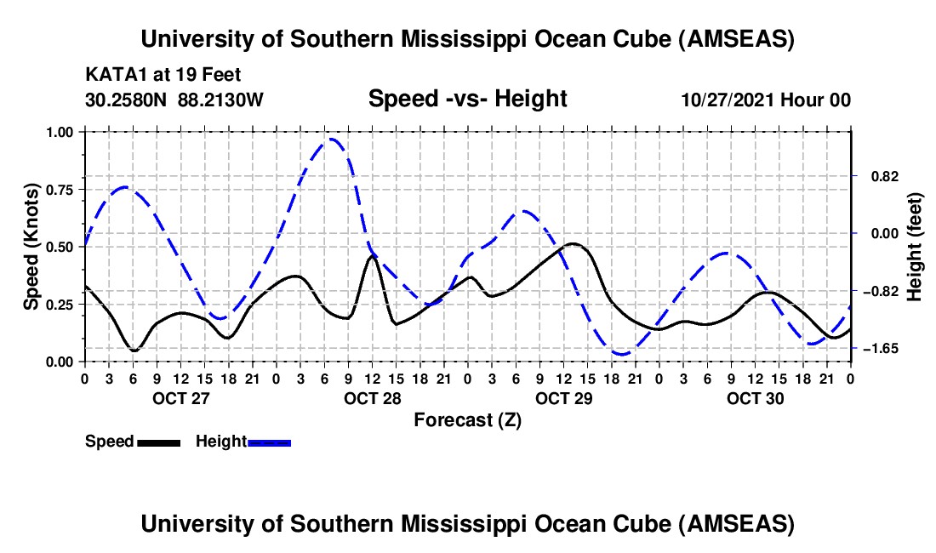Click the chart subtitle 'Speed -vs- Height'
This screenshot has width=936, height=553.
467,99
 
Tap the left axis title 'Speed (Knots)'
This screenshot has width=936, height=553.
31,246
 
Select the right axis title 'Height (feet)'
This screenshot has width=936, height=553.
914,246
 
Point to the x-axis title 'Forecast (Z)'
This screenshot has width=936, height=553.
467,419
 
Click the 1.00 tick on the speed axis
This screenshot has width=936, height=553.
61,132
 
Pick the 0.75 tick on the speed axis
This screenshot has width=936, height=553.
61,190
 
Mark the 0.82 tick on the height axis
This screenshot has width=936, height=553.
881,176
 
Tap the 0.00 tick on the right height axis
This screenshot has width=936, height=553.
881,234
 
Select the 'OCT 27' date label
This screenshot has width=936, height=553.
180,398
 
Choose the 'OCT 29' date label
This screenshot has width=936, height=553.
563,398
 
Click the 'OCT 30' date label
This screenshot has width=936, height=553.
755,398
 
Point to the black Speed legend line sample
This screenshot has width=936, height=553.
158,442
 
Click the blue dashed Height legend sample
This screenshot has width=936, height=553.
269,442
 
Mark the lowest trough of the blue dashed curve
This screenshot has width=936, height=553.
622,354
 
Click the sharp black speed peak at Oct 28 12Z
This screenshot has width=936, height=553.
372,255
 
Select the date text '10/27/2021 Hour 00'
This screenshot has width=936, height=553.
766,100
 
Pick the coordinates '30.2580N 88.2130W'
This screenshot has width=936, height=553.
174,100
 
